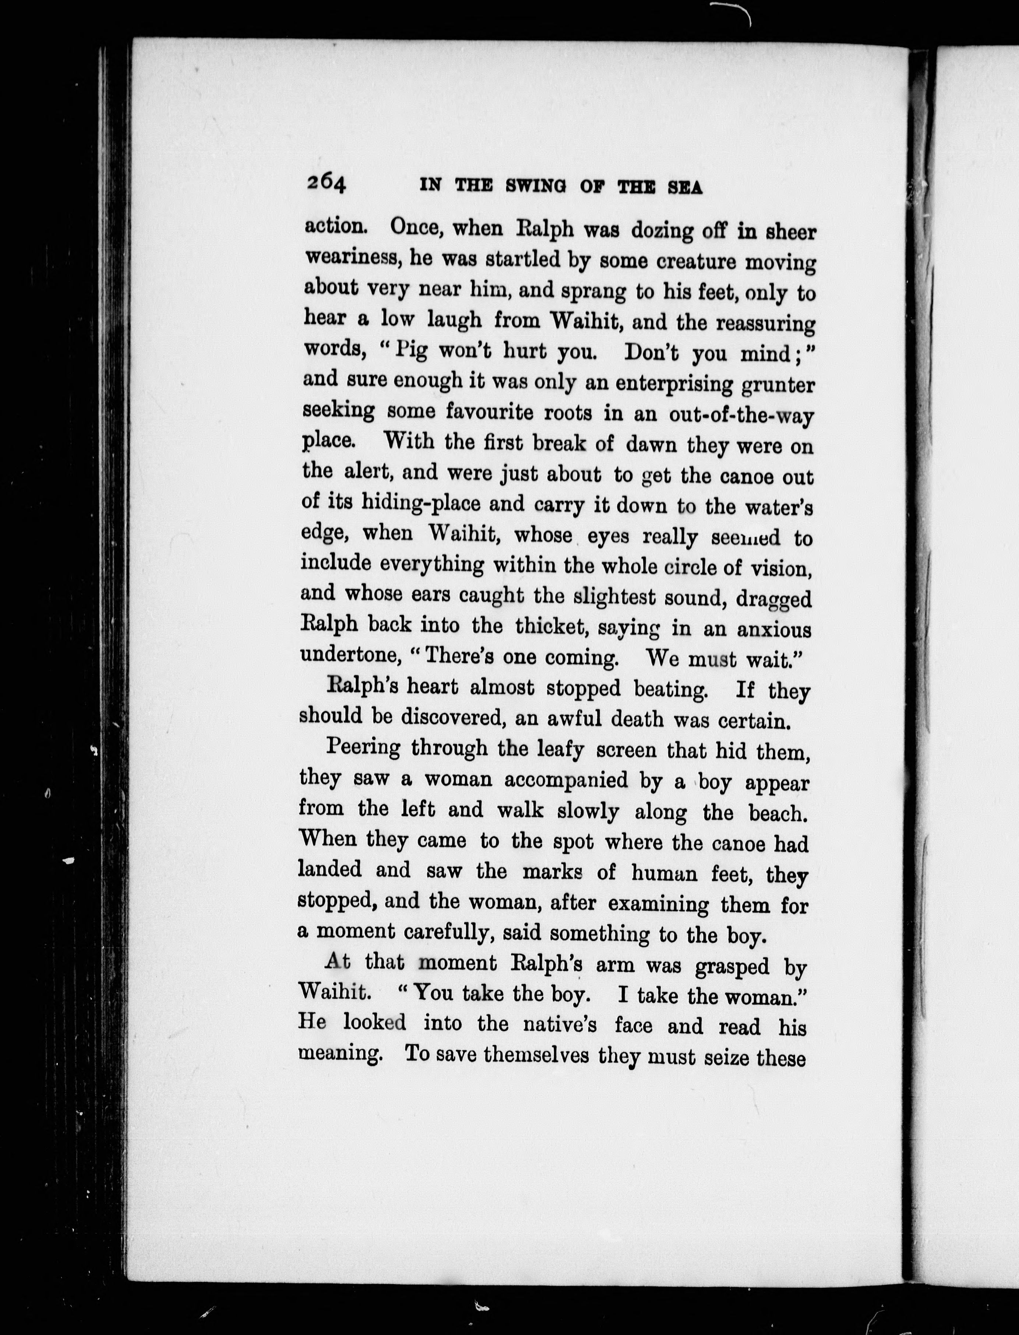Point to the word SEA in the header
pyautogui.click(x=685, y=188)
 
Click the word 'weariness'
pyautogui.click(x=352, y=257)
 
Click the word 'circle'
pyautogui.click(x=689, y=567)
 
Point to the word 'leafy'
pyautogui.click(x=560, y=750)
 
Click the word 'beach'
pyautogui.click(x=778, y=813)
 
